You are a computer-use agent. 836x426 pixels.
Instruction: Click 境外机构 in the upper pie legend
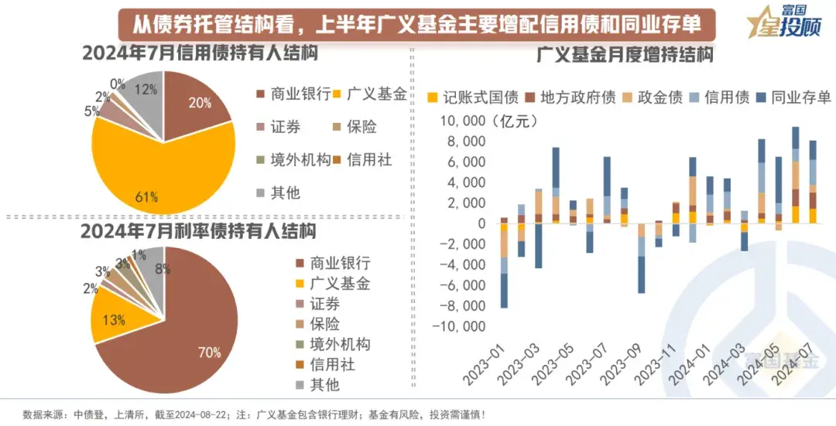pyautogui.click(x=300, y=159)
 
